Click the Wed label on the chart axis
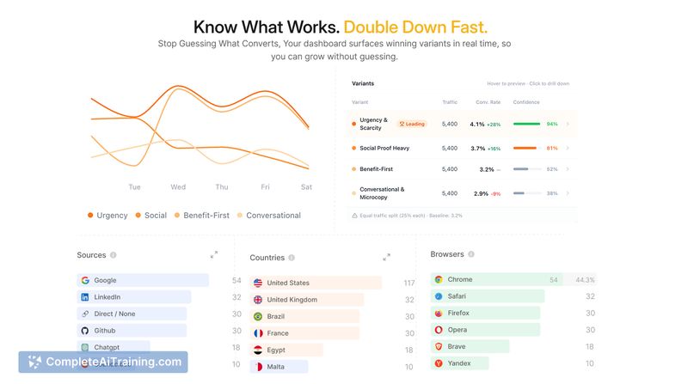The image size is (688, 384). tap(178, 186)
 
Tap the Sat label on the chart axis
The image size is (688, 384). tap(306, 186)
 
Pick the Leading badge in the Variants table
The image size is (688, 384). tap(412, 124)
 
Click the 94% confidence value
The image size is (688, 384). tap(552, 124)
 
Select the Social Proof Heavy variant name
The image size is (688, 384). tap(384, 148)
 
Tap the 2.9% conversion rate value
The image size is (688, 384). tap(480, 193)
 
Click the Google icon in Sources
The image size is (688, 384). tap(85, 280)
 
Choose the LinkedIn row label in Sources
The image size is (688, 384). tap(107, 297)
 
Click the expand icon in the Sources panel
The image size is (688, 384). tap(214, 254)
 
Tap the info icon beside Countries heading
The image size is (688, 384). tap(292, 258)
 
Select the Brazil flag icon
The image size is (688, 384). tap(258, 316)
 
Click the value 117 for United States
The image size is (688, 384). tap(408, 283)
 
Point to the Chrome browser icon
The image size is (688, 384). tap(439, 279)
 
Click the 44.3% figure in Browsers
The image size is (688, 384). tap(585, 279)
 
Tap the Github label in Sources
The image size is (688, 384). tap(106, 331)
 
